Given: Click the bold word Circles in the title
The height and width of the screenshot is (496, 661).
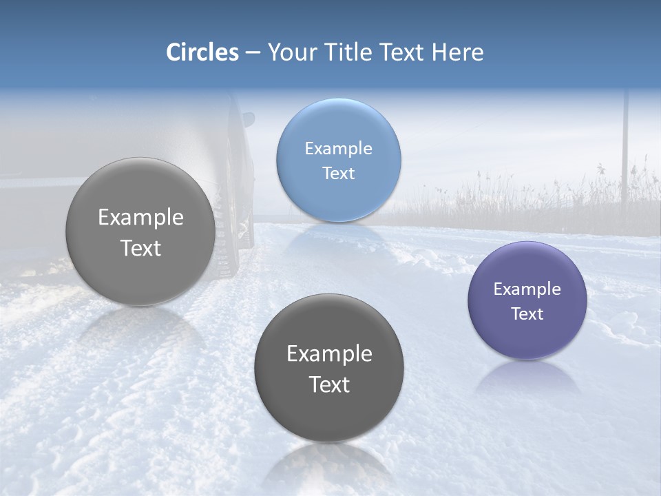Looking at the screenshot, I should (202, 52).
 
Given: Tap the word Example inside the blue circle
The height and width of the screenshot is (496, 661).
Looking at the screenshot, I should (338, 148).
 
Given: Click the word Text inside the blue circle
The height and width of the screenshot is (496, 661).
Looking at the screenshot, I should (338, 173).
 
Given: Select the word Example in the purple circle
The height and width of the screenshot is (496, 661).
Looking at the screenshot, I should (527, 289).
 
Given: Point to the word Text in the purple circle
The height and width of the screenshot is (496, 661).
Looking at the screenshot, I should (527, 313).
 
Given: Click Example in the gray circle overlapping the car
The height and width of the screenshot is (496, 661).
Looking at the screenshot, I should (140, 218).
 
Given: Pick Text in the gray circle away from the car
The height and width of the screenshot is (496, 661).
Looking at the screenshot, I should (329, 384).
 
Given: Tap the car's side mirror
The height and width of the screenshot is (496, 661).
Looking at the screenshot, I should (248, 119).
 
